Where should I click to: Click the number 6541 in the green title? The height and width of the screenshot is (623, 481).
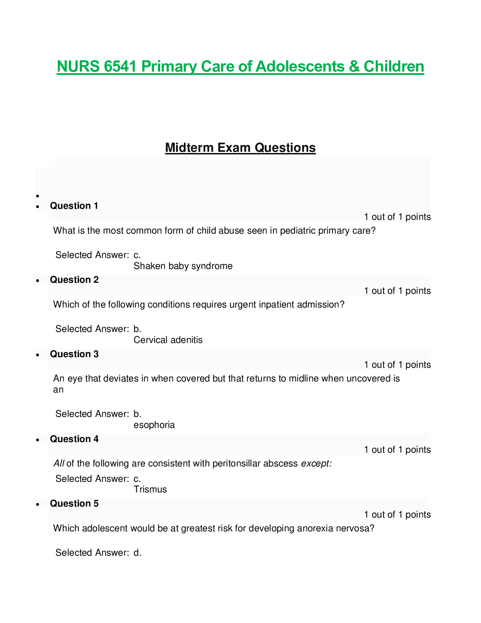pos(120,66)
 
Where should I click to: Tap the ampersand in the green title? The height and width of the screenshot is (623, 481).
pos(354,66)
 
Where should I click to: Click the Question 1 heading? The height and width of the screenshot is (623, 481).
pos(74,206)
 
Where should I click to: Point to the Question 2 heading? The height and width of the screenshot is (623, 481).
pos(74,280)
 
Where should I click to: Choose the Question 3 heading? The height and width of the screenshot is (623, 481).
pos(74,354)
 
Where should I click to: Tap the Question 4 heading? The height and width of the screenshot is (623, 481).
pos(74,439)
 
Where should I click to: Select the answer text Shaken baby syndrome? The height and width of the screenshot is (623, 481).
pos(183,266)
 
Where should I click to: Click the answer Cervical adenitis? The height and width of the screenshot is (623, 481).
pos(168,340)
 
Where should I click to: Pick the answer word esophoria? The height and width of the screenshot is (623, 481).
pos(154,425)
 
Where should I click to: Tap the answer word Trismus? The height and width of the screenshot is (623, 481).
pos(150,489)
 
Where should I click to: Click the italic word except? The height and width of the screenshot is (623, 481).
pos(316,464)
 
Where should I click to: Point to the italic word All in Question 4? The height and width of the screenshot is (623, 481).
pos(59,463)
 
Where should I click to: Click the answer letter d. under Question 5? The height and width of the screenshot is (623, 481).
pos(138,553)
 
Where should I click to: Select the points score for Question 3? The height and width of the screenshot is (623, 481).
pos(397,365)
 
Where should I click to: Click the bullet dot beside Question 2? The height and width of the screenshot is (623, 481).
pos(37,281)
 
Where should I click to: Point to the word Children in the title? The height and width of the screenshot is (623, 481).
pos(394,66)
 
